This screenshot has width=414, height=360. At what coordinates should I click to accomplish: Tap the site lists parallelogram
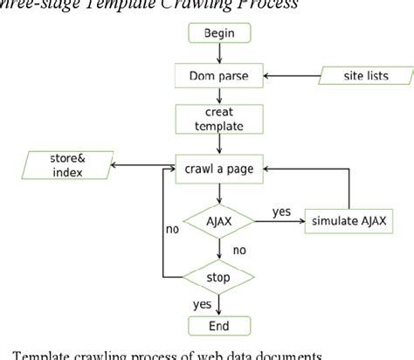tap(366, 77)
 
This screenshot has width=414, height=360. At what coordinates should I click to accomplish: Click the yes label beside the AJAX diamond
tap(281, 211)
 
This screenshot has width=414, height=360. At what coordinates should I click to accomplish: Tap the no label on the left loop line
tap(173, 231)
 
